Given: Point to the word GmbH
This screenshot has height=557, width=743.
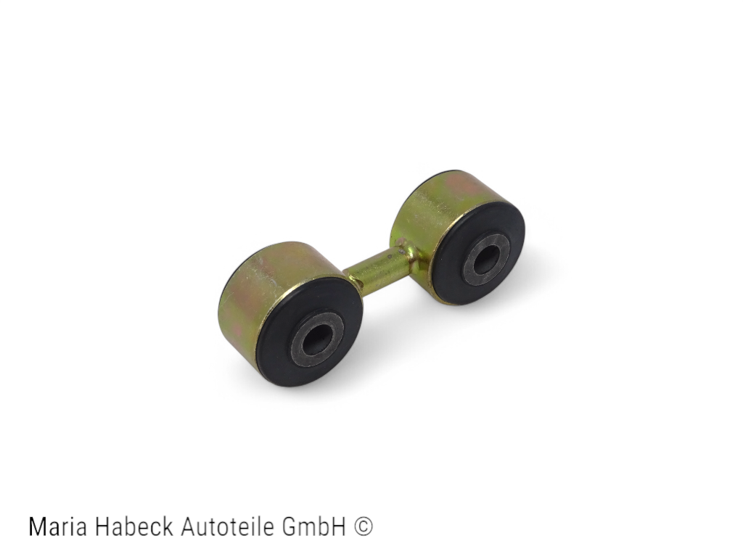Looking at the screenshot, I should coord(318,527).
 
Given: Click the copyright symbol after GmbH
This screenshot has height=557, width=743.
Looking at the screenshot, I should coord(364,527).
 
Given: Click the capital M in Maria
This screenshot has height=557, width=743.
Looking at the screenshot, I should coord(37,527).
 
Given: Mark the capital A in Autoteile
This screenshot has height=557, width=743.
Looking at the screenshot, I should coord(188,527).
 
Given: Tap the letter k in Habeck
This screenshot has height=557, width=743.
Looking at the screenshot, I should coord(168,527).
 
